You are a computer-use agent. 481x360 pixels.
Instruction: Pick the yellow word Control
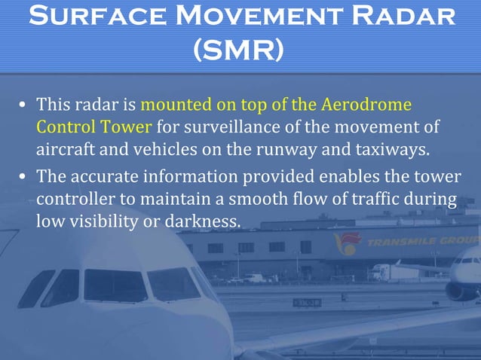click(63, 125)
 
